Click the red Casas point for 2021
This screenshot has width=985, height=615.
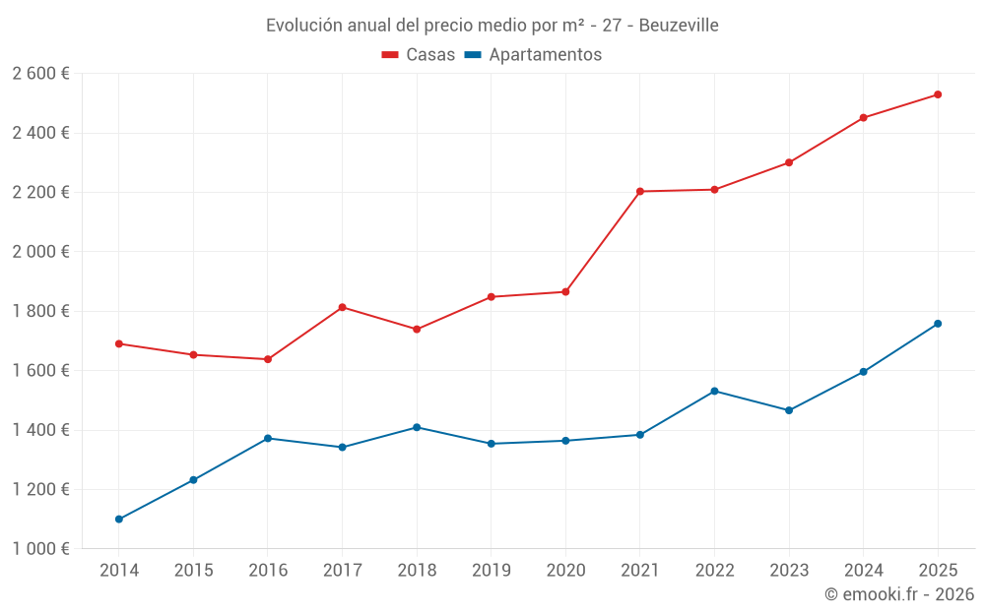[x=640, y=191]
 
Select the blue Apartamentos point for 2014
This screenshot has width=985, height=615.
[x=119, y=519]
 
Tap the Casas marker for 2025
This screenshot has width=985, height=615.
[x=938, y=94]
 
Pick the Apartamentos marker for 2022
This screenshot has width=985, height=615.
[x=714, y=391]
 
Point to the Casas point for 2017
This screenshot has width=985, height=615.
[x=342, y=307]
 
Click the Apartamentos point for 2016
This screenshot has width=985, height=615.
[x=268, y=438]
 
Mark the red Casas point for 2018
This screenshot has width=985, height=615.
[x=417, y=329]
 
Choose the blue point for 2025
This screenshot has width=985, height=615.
[x=938, y=323]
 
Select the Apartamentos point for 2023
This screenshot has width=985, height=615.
[x=789, y=410]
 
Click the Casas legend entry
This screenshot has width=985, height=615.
[x=419, y=55]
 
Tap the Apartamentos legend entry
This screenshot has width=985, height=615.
[x=533, y=55]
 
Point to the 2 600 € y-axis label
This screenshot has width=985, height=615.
[x=40, y=73]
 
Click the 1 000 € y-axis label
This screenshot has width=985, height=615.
[x=40, y=549]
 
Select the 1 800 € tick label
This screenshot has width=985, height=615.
[x=40, y=311]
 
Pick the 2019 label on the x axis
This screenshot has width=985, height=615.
[x=491, y=571]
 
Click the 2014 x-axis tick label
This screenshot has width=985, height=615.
[x=119, y=571]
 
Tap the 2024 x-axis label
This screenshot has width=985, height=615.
[x=863, y=571]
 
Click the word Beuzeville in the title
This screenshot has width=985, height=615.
[x=679, y=25]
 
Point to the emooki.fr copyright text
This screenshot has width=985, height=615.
[x=899, y=594]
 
